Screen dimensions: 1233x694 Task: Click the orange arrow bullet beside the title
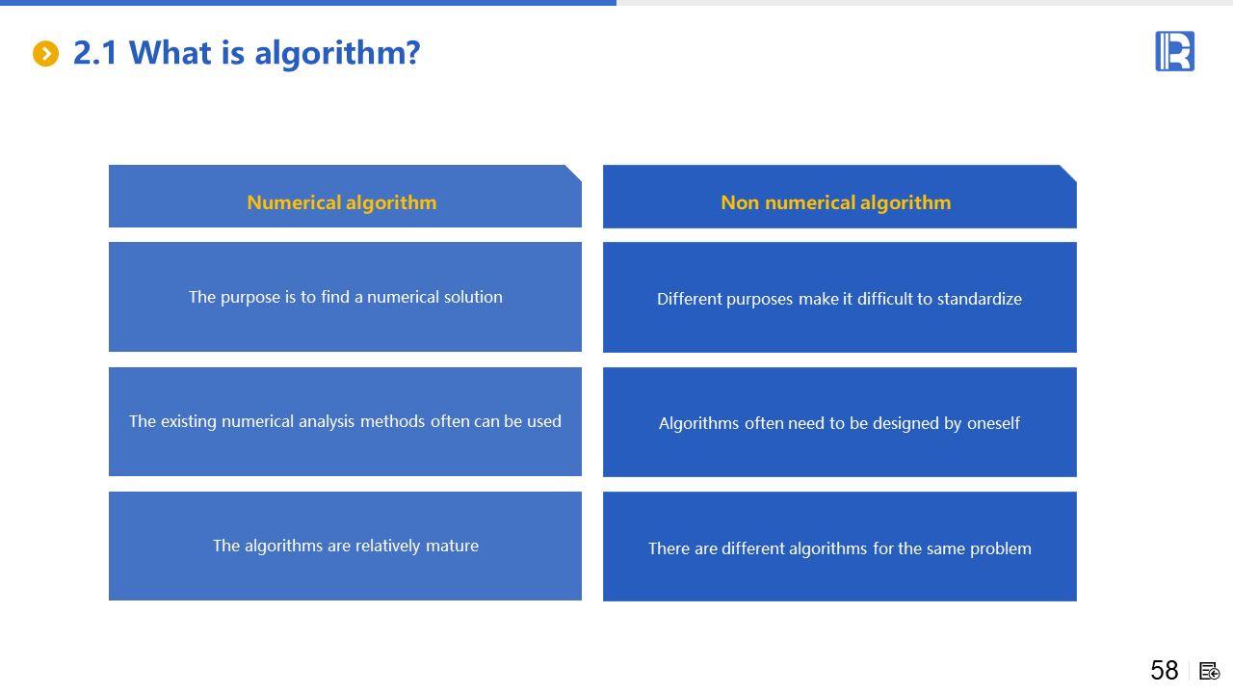45,53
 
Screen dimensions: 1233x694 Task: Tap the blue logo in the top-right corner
1174,51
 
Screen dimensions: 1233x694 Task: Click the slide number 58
1165,670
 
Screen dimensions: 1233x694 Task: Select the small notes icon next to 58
1210,671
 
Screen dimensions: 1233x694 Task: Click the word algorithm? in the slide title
337,54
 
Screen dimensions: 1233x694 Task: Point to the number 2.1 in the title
95,53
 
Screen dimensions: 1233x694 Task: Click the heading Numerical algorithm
342,202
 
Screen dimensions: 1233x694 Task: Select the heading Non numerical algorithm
835,202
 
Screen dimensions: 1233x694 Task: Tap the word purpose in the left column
250,298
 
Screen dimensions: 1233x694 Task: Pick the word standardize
980,299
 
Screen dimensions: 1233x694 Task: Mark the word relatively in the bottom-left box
388,546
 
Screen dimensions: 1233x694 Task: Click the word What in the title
171,53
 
